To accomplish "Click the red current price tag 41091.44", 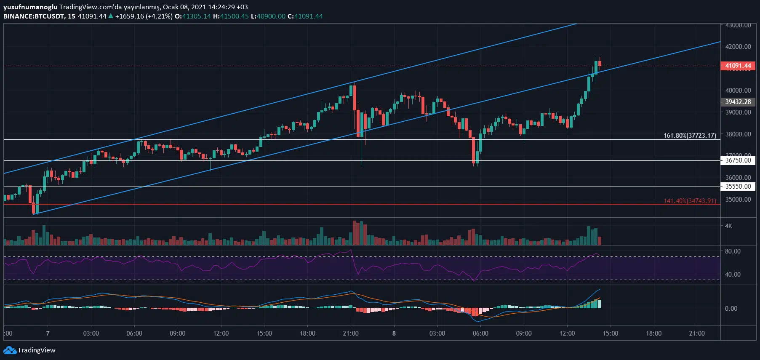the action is [738, 66].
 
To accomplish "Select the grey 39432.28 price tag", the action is [738, 102].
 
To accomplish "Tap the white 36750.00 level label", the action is [738, 160].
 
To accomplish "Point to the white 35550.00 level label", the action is [738, 187].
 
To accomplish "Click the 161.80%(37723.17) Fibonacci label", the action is [690, 136].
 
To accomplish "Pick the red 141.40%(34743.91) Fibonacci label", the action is [690, 201].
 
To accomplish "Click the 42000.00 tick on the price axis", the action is [738, 47].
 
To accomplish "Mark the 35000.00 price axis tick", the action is [738, 200].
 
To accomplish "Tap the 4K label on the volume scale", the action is [728, 226].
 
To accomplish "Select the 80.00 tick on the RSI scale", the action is [733, 251].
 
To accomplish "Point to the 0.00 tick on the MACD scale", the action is [731, 309].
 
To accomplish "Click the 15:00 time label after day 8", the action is [610, 333].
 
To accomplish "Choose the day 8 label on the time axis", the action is [394, 333].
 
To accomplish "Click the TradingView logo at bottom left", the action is [29, 350].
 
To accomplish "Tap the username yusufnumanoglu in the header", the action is [30, 7].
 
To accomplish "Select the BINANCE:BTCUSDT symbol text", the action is [34, 16].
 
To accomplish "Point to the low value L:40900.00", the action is [268, 16].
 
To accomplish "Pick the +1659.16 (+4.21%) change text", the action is [144, 16].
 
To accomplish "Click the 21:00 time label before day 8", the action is [351, 333].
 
